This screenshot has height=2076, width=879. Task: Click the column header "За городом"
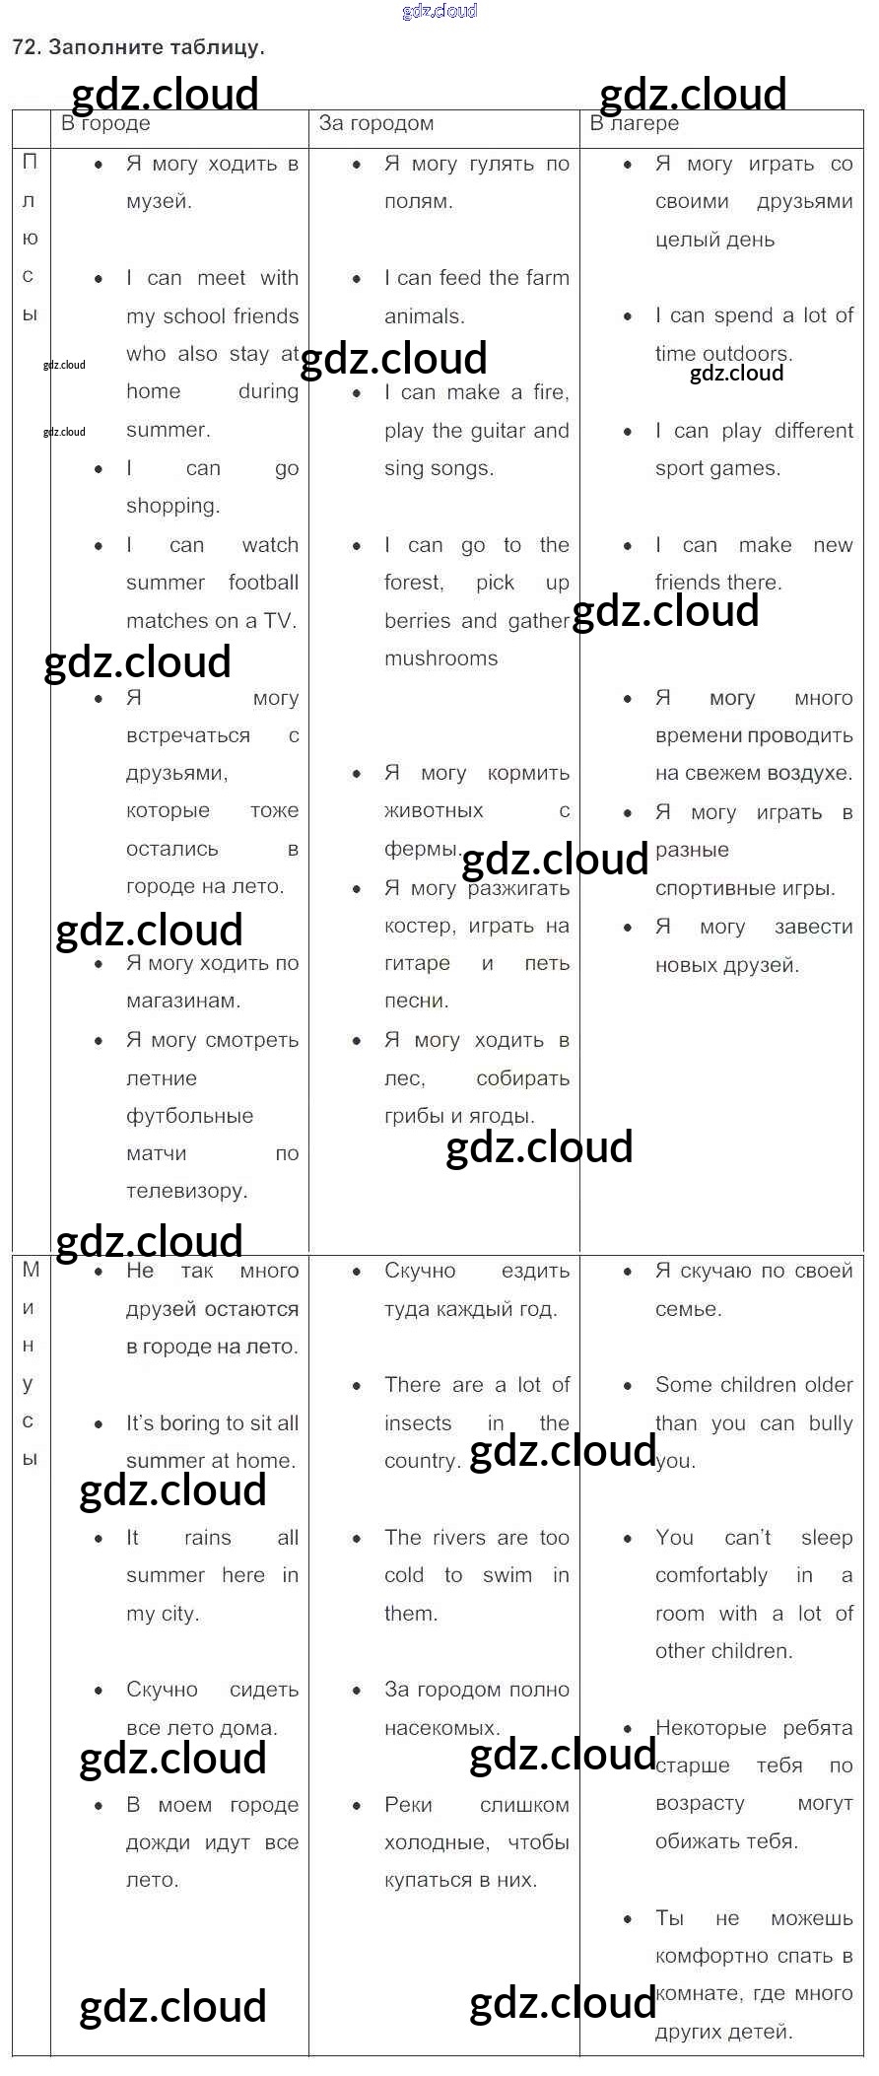[375, 123]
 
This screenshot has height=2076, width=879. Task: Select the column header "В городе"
[105, 123]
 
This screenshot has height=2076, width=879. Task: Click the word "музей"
[158, 201]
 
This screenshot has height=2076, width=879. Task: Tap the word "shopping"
[171, 506]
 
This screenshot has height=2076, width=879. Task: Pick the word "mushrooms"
[440, 658]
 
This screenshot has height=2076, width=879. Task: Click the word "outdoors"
[754, 353]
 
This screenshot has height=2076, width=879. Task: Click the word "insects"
[418, 1423]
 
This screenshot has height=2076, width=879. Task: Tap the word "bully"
[830, 1423]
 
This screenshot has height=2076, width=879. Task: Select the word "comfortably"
[710, 1575]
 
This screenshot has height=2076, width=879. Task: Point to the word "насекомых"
[440, 1727]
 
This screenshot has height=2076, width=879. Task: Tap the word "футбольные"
[189, 1116]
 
